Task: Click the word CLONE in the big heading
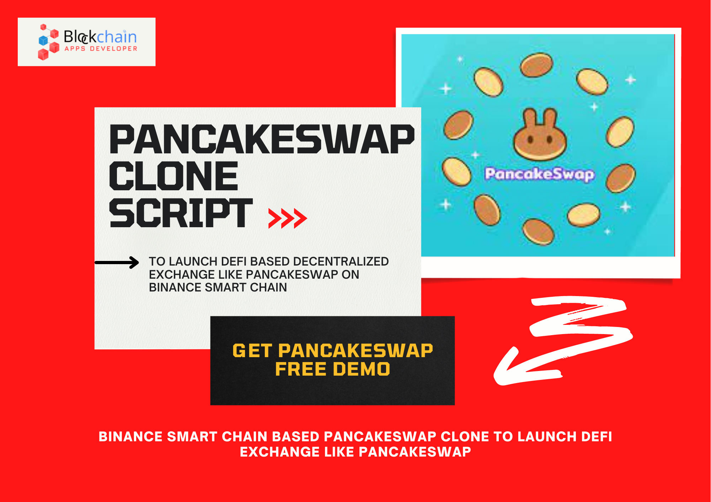[173, 176]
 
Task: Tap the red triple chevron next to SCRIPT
[288, 219]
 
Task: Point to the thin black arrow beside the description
[117, 263]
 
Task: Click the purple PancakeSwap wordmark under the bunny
[540, 174]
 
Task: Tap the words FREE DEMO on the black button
[333, 369]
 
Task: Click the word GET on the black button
[252, 351]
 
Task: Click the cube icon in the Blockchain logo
[48, 42]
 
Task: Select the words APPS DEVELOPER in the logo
[101, 49]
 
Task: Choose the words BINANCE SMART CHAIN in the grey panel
[218, 287]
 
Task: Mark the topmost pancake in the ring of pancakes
[537, 65]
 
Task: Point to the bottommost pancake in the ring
[538, 232]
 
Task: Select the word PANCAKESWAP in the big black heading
[262, 139]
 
